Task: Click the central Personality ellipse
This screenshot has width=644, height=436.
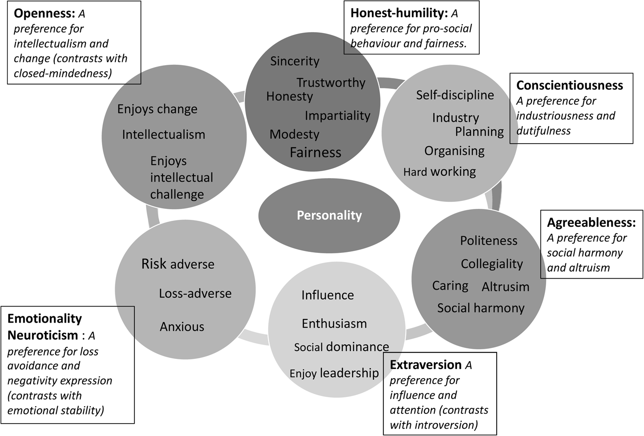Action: tap(329, 215)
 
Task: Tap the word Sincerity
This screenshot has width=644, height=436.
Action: tap(295, 61)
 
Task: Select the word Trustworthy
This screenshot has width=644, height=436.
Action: tap(330, 83)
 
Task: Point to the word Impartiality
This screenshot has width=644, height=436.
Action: tap(337, 115)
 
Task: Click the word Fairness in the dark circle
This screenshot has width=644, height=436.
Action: tap(315, 152)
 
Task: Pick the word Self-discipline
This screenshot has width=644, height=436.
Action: tap(455, 95)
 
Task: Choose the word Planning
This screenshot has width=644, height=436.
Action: tap(479, 132)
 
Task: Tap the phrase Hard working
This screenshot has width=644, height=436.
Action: tap(439, 172)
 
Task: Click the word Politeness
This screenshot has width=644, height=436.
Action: tap(488, 240)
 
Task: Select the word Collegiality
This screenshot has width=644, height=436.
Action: tap(492, 264)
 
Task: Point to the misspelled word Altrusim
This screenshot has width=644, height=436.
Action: tap(505, 287)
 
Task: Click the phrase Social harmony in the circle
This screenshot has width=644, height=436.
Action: tap(481, 308)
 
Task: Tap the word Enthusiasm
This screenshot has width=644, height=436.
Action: tap(334, 324)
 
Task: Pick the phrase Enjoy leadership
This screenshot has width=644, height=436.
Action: tap(334, 373)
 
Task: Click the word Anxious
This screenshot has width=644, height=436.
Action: tap(182, 327)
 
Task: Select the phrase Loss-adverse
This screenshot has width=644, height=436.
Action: tap(195, 293)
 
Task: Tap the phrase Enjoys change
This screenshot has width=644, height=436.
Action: tap(157, 109)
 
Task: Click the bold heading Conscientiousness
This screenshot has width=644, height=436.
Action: tap(570, 85)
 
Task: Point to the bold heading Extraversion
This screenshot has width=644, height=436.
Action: tap(426, 365)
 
